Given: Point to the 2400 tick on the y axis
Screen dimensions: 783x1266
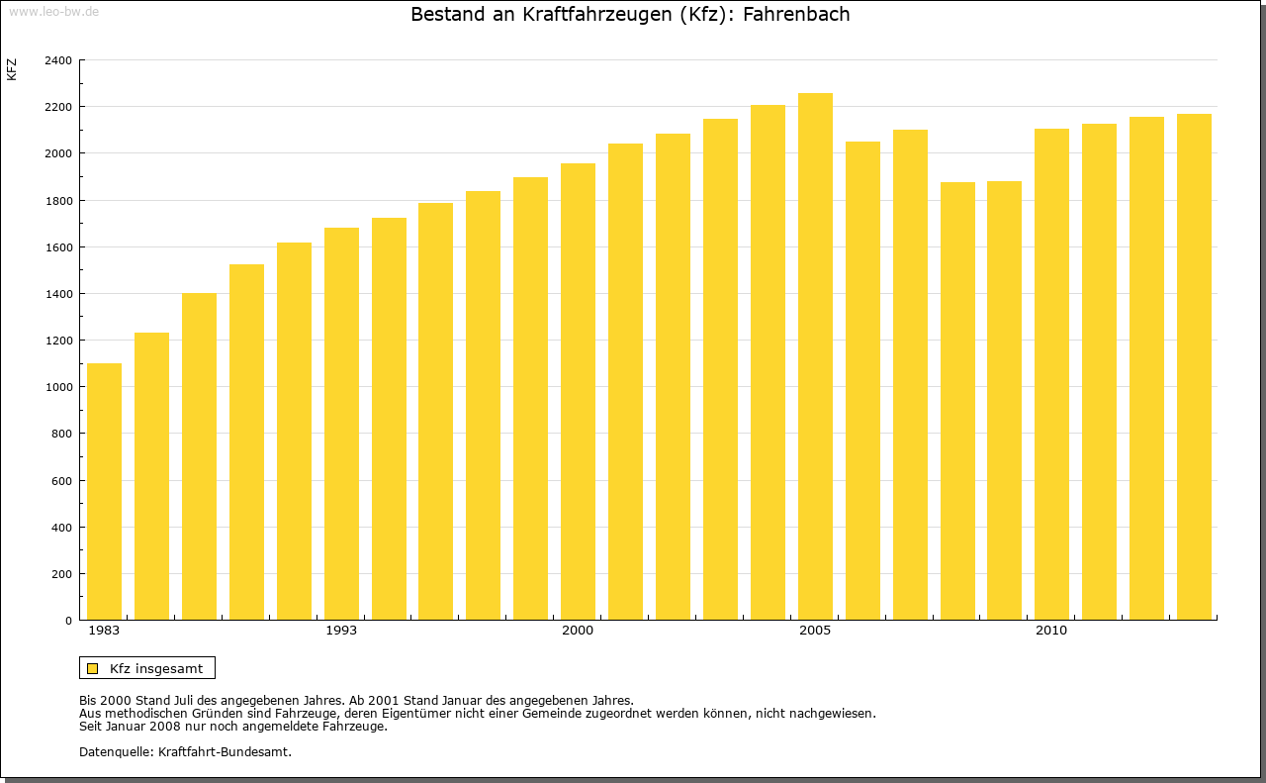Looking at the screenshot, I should tap(58, 60).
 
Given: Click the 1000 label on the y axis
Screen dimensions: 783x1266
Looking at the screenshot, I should tap(58, 387).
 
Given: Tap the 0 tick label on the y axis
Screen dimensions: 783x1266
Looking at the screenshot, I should tap(67, 621).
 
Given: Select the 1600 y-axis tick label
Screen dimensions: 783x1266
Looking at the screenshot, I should tap(58, 247).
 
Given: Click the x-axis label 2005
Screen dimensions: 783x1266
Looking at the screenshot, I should tap(815, 631).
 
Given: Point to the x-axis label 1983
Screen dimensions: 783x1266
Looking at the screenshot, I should tap(104, 631).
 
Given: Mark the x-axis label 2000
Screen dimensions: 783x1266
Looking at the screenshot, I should tap(578, 631).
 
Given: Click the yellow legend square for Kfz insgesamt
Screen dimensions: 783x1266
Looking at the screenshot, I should tap(92, 668).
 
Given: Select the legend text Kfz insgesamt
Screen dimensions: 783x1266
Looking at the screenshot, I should tap(156, 668).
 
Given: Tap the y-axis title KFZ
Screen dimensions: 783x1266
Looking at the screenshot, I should tap(12, 69).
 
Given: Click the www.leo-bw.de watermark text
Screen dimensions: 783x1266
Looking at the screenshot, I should tap(52, 11).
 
